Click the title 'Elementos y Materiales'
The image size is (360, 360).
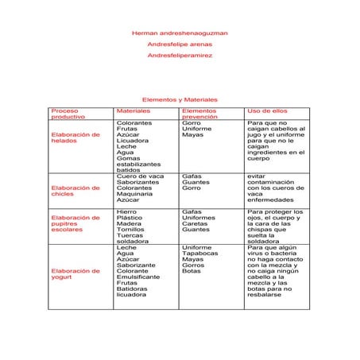tap(180, 99)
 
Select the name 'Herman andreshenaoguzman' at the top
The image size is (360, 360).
tap(180, 33)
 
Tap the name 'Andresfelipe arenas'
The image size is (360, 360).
tap(180, 45)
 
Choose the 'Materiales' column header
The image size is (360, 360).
tap(133, 110)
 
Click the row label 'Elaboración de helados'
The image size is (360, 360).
tap(75, 138)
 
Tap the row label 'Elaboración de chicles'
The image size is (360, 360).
tap(75, 192)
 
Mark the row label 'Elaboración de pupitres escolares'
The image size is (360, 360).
tap(75, 224)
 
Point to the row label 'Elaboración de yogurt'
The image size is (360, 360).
tap(75, 274)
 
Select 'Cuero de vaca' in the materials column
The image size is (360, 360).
tap(140, 176)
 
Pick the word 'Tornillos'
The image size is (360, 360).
tap(130, 228)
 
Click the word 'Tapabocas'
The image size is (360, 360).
tap(199, 254)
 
